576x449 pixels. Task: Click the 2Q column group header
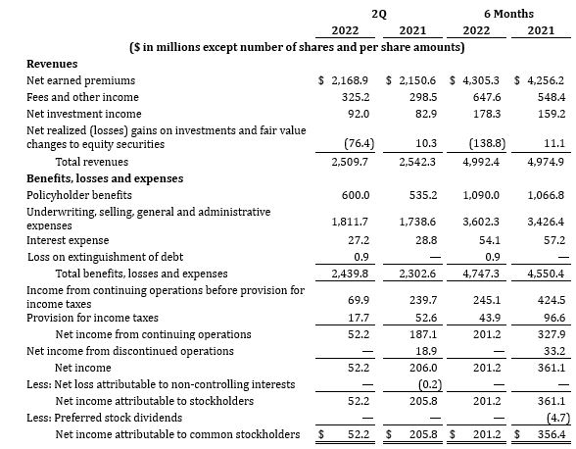pyautogui.click(x=379, y=14)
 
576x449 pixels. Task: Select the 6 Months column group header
pyautogui.click(x=508, y=14)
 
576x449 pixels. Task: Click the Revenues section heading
pyautogui.click(x=52, y=64)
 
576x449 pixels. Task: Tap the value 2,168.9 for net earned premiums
pyautogui.click(x=350, y=80)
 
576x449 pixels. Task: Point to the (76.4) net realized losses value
pyautogui.click(x=360, y=143)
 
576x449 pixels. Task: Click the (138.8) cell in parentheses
pyautogui.click(x=487, y=143)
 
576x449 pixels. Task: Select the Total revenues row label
pyautogui.click(x=92, y=162)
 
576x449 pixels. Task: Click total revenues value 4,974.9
pyautogui.click(x=546, y=162)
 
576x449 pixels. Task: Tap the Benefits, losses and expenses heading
pyautogui.click(x=105, y=178)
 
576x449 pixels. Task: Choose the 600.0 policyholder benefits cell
pyautogui.click(x=356, y=195)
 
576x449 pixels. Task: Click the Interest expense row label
pyautogui.click(x=68, y=240)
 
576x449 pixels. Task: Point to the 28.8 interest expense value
pyautogui.click(x=426, y=240)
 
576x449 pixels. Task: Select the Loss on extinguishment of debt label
pyautogui.click(x=106, y=257)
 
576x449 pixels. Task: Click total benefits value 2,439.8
pyautogui.click(x=350, y=274)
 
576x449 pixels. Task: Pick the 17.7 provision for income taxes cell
pyautogui.click(x=359, y=318)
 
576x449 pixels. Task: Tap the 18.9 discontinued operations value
pyautogui.click(x=426, y=351)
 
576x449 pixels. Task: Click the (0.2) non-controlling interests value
pyautogui.click(x=430, y=384)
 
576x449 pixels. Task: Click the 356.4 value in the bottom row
pyautogui.click(x=552, y=434)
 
